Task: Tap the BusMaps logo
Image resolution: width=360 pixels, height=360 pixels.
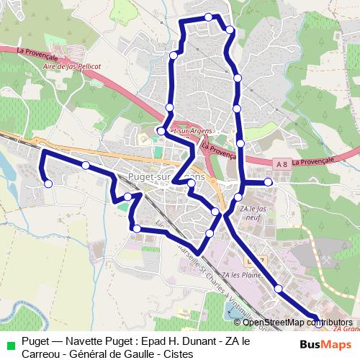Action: pyautogui.click(x=323, y=343)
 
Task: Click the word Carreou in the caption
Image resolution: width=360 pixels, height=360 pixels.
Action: pyautogui.click(x=42, y=354)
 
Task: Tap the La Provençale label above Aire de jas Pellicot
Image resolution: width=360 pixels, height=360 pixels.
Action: pyautogui.click(x=40, y=52)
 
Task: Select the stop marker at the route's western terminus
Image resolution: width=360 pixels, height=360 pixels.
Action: pyautogui.click(x=48, y=184)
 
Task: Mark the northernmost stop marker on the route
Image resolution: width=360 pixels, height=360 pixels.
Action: pyautogui.click(x=208, y=17)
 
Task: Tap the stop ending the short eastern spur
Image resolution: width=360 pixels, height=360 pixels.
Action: pyautogui.click(x=268, y=182)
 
